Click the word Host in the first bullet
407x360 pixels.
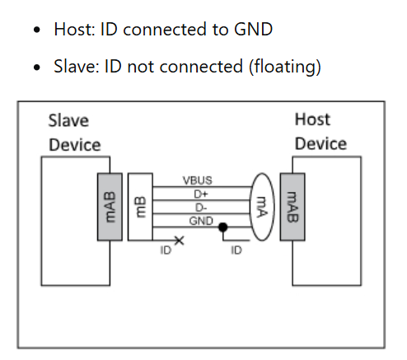pyautogui.click(x=74, y=30)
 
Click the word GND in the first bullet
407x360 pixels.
pyautogui.click(x=252, y=30)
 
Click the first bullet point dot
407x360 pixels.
pyautogui.click(x=37, y=30)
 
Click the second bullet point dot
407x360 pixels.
pyautogui.click(x=37, y=67)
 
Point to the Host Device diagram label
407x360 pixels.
pyautogui.click(x=320, y=132)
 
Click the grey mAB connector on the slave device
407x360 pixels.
pyautogui.click(x=110, y=205)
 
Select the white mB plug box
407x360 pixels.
pyautogui.click(x=140, y=205)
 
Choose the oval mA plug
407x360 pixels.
pyautogui.click(x=262, y=205)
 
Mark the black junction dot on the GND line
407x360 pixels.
pyautogui.click(x=222, y=227)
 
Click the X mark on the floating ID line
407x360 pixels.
pyautogui.click(x=179, y=240)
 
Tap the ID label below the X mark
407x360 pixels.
pyautogui.click(x=165, y=250)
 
